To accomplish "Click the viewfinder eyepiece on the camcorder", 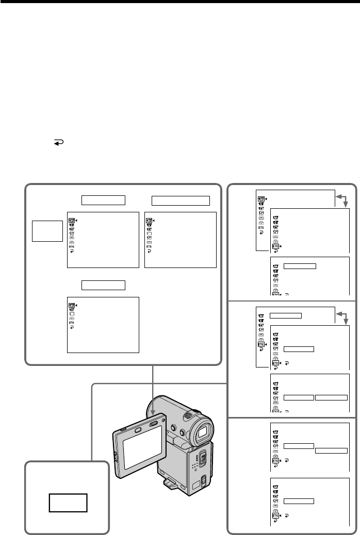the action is pyautogui.click(x=203, y=432).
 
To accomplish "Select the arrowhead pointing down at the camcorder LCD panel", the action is pyautogui.click(x=153, y=411).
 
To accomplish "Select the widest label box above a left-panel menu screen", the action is pyautogui.click(x=181, y=200).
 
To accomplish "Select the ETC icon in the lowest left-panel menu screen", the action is pyautogui.click(x=71, y=323).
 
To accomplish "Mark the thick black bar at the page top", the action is pyautogui.click(x=180, y=3).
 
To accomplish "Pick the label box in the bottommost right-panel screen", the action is pyautogui.click(x=299, y=500).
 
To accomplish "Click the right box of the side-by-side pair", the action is pyautogui.click(x=332, y=397).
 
